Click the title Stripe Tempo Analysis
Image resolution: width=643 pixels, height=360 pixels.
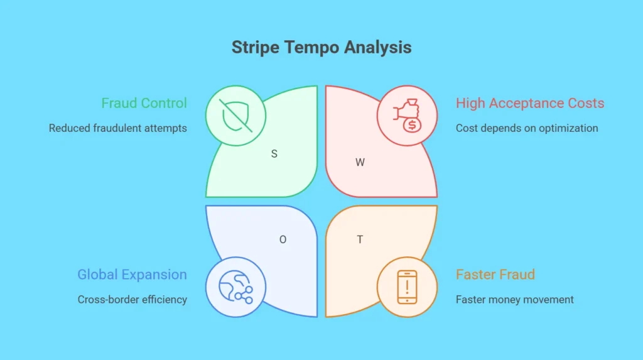[x=321, y=47]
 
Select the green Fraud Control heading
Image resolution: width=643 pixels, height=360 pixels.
[x=144, y=103]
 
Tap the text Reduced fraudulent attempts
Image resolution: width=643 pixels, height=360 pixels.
[x=117, y=128]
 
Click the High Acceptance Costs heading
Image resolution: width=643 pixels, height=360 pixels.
[x=530, y=103]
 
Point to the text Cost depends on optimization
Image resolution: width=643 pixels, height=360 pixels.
[x=527, y=128]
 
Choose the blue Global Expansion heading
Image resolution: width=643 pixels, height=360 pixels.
[x=132, y=274]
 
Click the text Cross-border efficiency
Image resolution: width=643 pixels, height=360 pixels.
[x=132, y=300]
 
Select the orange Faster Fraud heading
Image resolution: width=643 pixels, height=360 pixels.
[x=495, y=274]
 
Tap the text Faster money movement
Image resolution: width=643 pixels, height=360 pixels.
[x=515, y=300]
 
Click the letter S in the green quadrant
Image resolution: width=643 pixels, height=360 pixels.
[x=274, y=154]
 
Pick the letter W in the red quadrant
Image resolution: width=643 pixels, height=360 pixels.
[x=360, y=163]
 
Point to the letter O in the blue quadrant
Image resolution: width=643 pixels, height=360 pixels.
[x=283, y=240]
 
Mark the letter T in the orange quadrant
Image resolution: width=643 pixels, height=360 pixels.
[x=360, y=240]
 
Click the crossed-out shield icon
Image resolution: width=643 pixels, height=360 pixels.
[x=236, y=116]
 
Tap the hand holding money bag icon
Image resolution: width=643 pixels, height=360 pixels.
[x=407, y=116]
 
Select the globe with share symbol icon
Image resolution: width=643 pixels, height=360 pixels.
[x=236, y=287]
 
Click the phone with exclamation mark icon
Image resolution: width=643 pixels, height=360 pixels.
[x=407, y=287]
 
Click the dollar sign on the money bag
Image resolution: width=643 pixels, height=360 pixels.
[x=412, y=125]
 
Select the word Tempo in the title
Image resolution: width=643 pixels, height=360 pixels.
[x=312, y=47]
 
